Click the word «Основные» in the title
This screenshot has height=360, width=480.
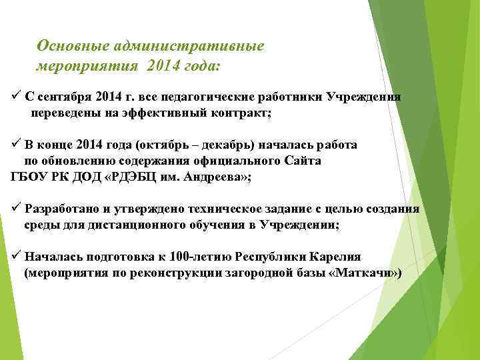[x=73, y=46]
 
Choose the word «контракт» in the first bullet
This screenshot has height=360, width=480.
[x=240, y=113]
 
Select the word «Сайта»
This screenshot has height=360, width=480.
[x=303, y=161]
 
